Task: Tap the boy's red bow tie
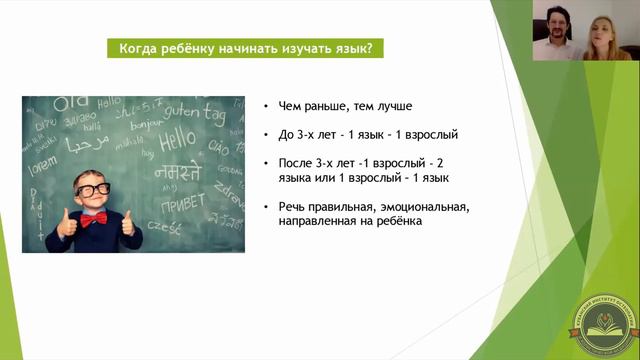pyautogui.click(x=93, y=217)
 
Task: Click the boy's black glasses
pyautogui.click(x=93, y=189)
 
